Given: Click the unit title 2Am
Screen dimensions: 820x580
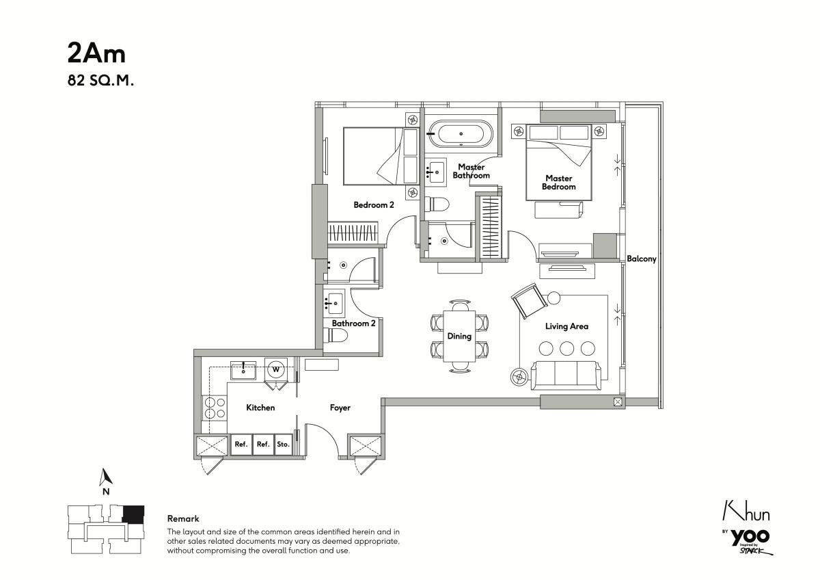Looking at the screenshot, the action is click(x=96, y=53).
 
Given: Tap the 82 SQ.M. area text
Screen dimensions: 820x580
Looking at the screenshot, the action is click(x=100, y=81).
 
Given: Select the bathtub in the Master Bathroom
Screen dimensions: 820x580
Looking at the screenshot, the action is click(x=461, y=134).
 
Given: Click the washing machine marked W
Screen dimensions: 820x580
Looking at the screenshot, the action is click(x=276, y=369).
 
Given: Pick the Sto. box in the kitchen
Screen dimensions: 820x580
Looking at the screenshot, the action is click(x=283, y=445).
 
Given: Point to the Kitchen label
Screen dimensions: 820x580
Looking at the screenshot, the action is click(x=260, y=408).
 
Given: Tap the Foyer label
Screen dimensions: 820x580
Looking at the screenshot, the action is click(x=340, y=408).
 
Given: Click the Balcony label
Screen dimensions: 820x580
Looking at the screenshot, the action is click(x=642, y=259).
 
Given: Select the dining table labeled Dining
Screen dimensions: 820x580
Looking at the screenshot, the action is click(x=459, y=337).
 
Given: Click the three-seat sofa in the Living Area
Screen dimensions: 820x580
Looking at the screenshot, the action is click(x=566, y=375).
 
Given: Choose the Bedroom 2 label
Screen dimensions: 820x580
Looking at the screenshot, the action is click(x=374, y=205).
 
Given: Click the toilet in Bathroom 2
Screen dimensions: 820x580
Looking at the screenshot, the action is click(x=335, y=335).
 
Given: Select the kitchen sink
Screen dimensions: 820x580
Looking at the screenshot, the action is click(x=243, y=371).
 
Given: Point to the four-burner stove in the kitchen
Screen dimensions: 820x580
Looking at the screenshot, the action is click(x=215, y=408).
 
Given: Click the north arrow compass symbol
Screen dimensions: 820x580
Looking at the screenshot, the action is click(x=106, y=477).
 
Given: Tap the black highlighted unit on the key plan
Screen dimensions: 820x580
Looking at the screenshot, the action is click(x=133, y=514).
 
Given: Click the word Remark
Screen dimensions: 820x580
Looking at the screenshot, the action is click(x=183, y=518).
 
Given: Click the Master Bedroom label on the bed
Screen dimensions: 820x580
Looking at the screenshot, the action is click(x=559, y=183).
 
